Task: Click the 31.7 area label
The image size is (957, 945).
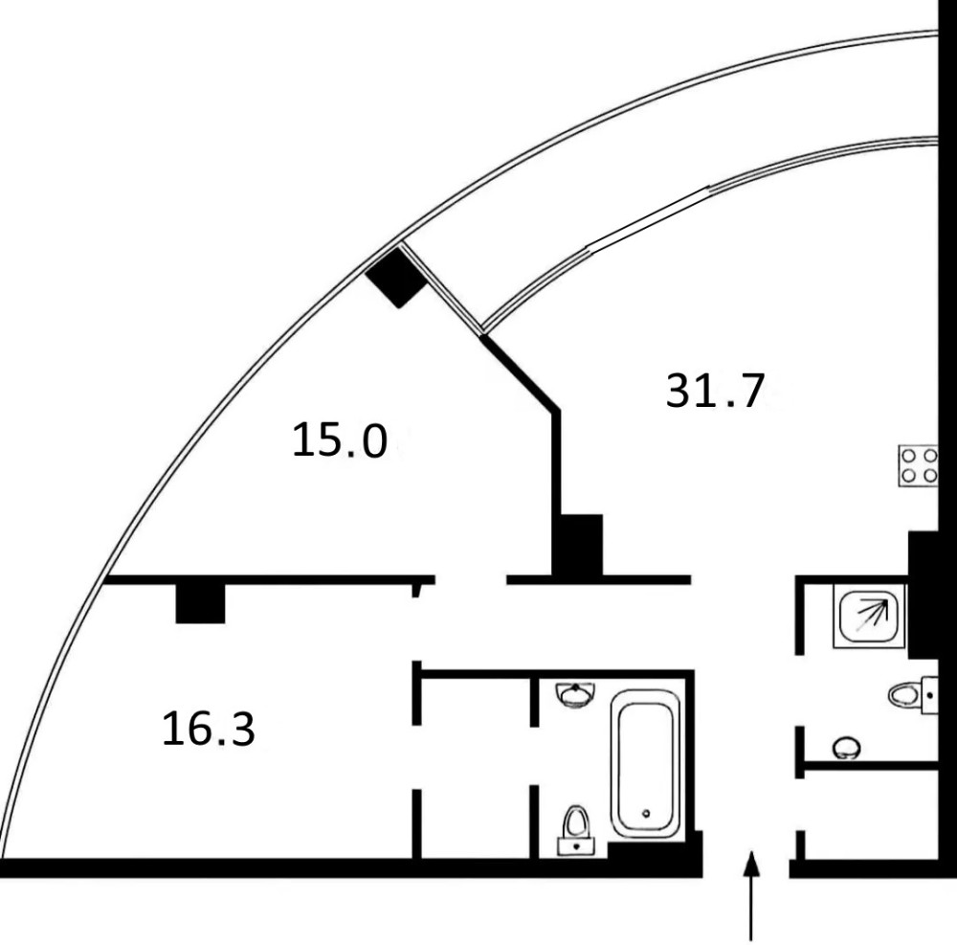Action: [x=716, y=392]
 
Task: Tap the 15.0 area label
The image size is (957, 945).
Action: [x=340, y=442]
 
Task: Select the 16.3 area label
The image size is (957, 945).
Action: [x=208, y=731]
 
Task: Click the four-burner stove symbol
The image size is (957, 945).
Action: [x=918, y=466]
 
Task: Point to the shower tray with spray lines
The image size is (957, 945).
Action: [x=868, y=616]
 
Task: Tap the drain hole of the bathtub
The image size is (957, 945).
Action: [x=648, y=815]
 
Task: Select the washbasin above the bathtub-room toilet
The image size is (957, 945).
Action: [x=574, y=694]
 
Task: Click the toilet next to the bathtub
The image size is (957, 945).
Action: [x=575, y=824]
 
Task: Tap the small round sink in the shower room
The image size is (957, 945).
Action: [x=845, y=746]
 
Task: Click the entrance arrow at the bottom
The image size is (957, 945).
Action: [x=752, y=895]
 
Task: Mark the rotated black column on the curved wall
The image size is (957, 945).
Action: [x=393, y=277]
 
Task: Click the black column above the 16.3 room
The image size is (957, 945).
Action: [x=200, y=603]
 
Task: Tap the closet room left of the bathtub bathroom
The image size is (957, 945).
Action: [x=476, y=766]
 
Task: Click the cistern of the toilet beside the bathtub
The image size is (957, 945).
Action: [x=575, y=845]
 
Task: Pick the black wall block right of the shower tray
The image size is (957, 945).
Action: [x=927, y=594]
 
